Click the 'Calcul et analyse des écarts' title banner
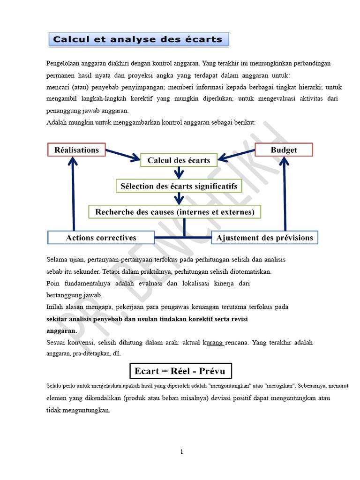(x=139, y=39)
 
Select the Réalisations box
(x=77, y=150)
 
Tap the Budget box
(x=284, y=150)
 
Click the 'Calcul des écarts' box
(x=179, y=160)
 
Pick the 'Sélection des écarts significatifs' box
(x=179, y=186)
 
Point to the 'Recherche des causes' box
(x=175, y=212)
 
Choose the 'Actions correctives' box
(x=101, y=238)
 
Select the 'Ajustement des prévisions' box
(x=265, y=238)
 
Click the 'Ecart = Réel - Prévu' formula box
(x=180, y=371)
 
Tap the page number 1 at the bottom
(x=181, y=452)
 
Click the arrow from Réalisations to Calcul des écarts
(x=123, y=155)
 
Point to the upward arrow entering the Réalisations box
(x=73, y=192)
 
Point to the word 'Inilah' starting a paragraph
(x=56, y=307)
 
